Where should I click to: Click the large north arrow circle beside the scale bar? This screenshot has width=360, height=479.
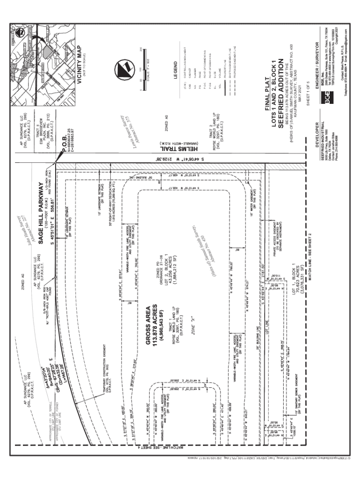tap(124, 69)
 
